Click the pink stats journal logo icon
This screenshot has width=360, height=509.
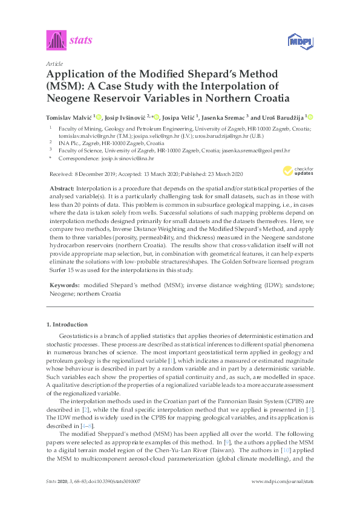tap(56, 41)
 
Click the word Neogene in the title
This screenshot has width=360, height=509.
tap(69, 98)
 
